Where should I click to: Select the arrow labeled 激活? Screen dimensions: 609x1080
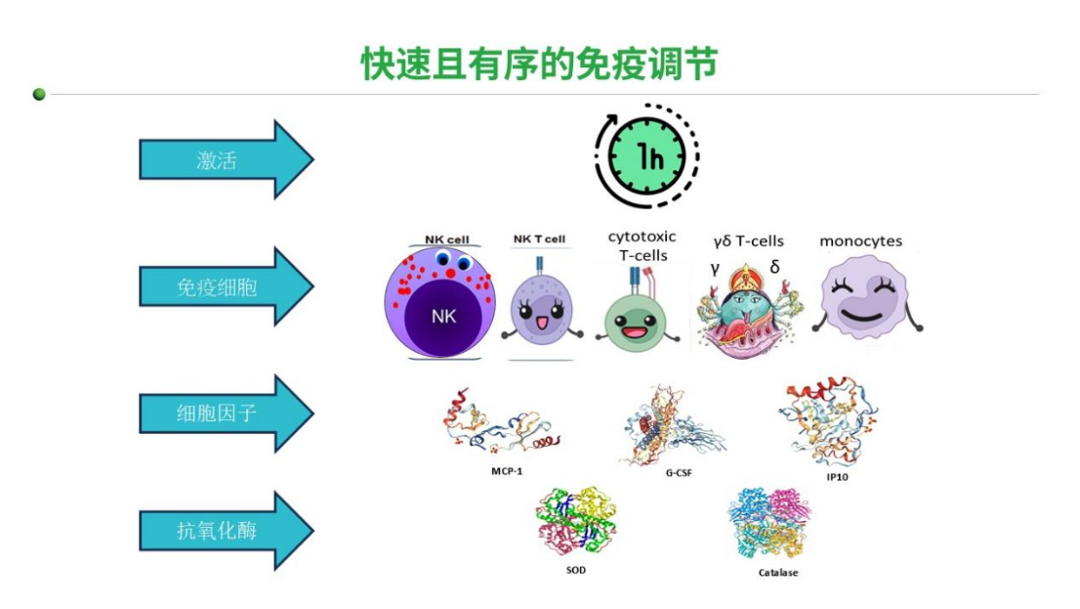225,159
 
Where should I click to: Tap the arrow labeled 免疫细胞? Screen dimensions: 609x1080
225,286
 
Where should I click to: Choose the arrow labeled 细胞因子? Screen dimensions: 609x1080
225,413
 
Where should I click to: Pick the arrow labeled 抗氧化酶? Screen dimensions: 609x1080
225,531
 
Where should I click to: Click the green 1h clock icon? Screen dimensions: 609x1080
646,156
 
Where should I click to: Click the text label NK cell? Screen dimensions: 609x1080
447,239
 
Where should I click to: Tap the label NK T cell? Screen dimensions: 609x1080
539,239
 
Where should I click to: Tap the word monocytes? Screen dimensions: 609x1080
860,240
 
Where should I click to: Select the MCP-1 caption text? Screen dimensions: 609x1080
508,470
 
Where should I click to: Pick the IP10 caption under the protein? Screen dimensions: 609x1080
836,479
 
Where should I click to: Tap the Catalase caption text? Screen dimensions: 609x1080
777,572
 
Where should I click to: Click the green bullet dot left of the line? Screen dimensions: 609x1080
39,95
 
